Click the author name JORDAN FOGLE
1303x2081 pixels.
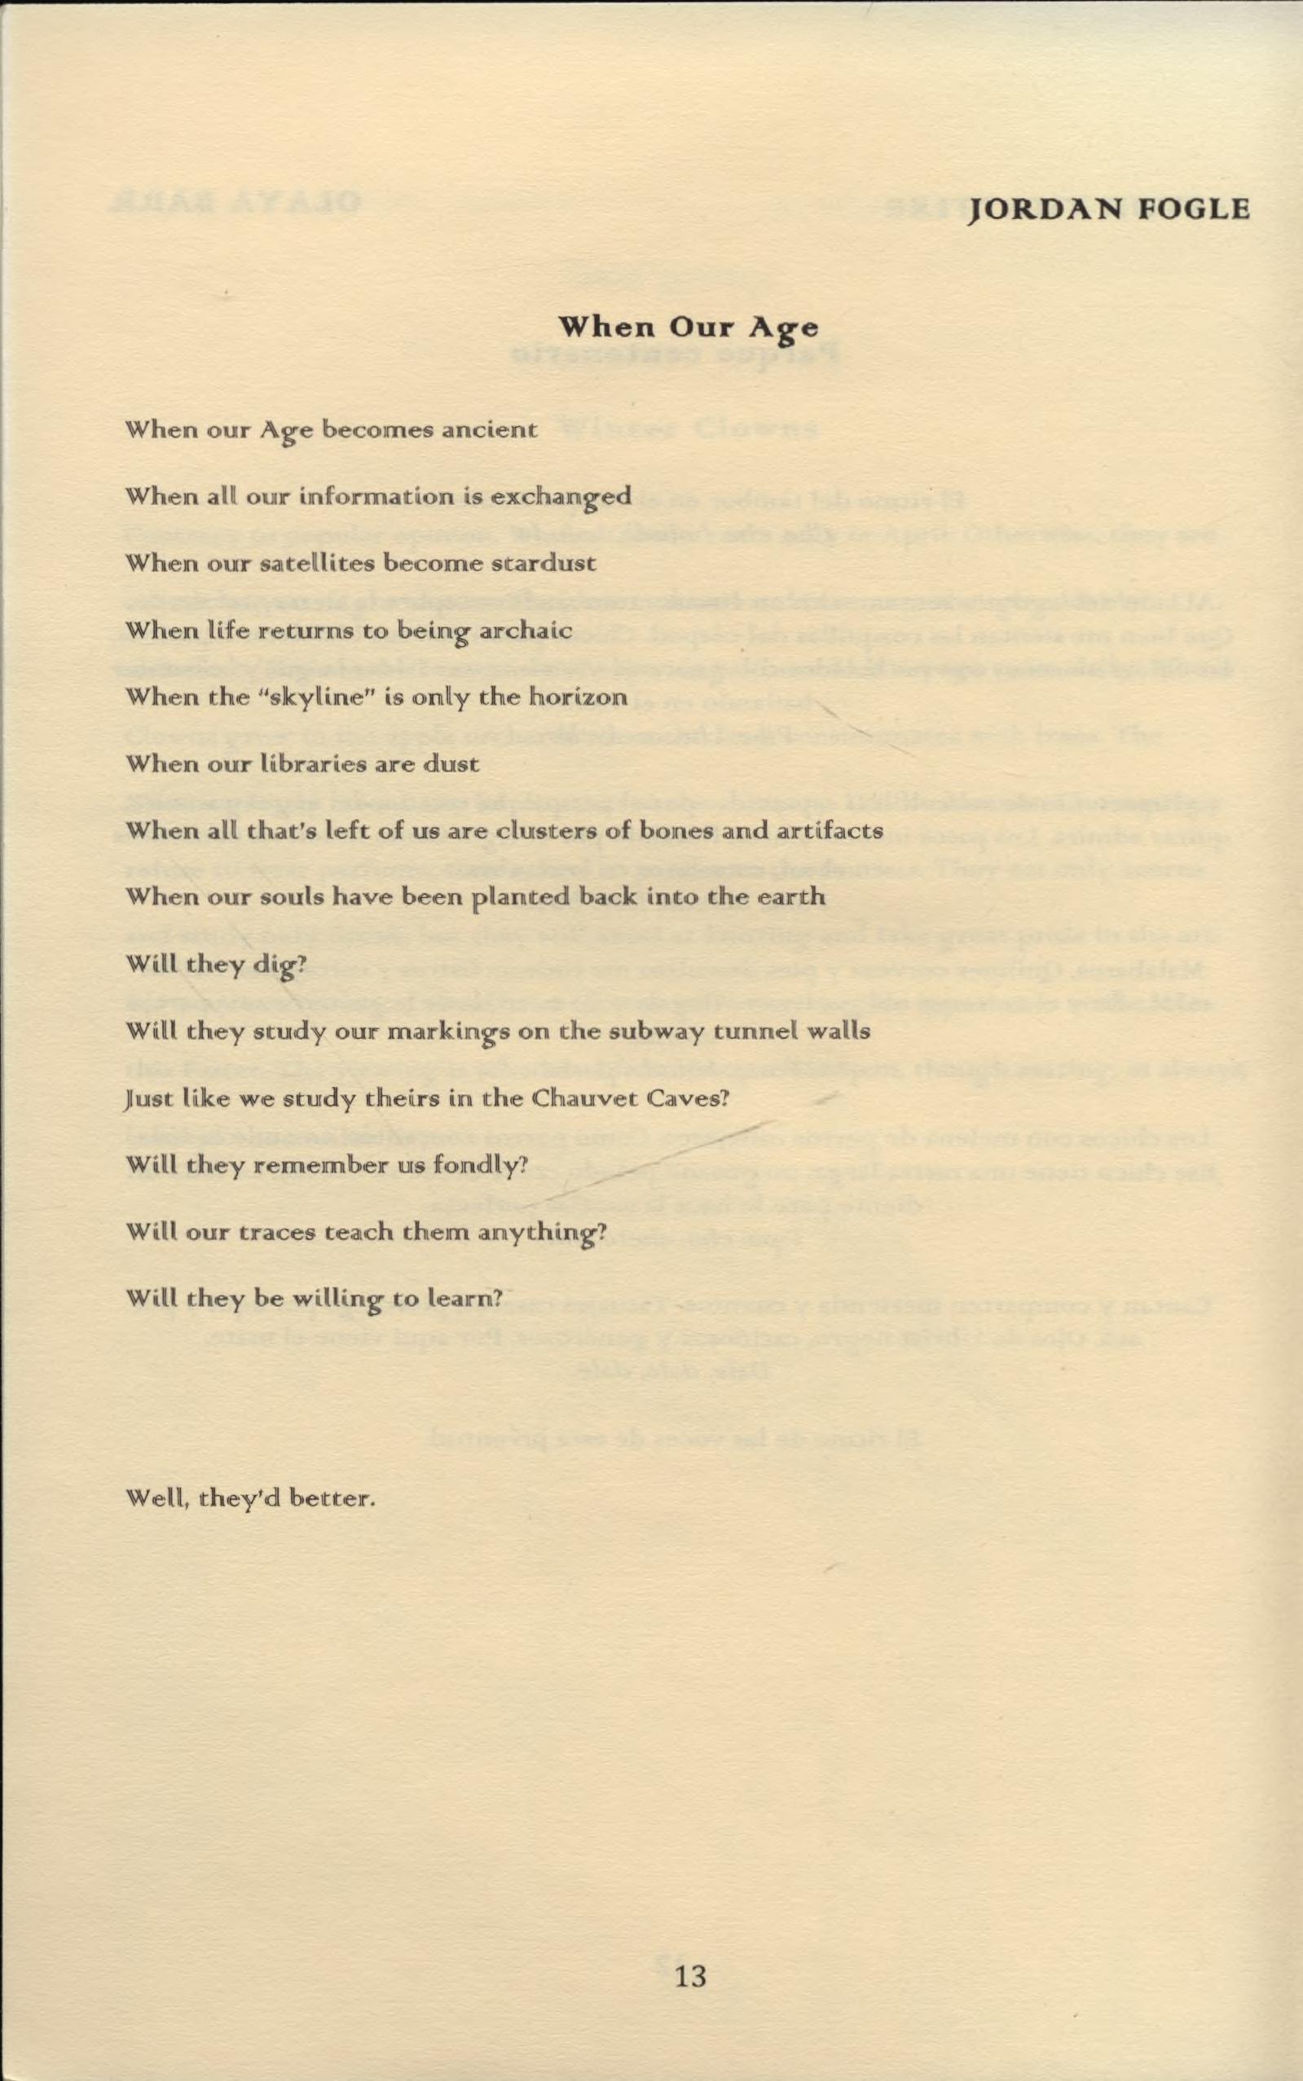1109,209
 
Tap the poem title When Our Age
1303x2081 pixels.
689,328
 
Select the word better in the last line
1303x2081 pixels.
332,1498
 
